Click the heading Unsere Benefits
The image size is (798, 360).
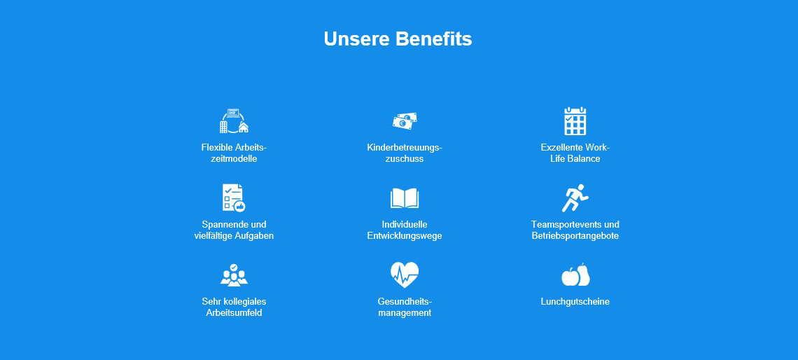(398, 39)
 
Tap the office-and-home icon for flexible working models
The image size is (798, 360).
(234, 121)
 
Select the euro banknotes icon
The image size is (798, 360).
(405, 121)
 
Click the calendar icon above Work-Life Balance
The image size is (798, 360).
(575, 121)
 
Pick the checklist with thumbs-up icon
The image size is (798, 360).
(234, 198)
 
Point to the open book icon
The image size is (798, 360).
(405, 199)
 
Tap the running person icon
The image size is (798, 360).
(575, 198)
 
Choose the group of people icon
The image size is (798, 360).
(234, 275)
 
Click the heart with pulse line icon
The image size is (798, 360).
(405, 275)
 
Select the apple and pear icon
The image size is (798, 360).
(575, 275)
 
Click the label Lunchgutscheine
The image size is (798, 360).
(575, 301)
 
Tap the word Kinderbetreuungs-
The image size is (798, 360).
(405, 148)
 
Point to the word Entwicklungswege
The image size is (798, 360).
(405, 236)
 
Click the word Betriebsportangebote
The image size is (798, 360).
(575, 236)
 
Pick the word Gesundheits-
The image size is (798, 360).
(405, 301)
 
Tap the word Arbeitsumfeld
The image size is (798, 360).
(234, 312)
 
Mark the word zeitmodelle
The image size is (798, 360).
(234, 159)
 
